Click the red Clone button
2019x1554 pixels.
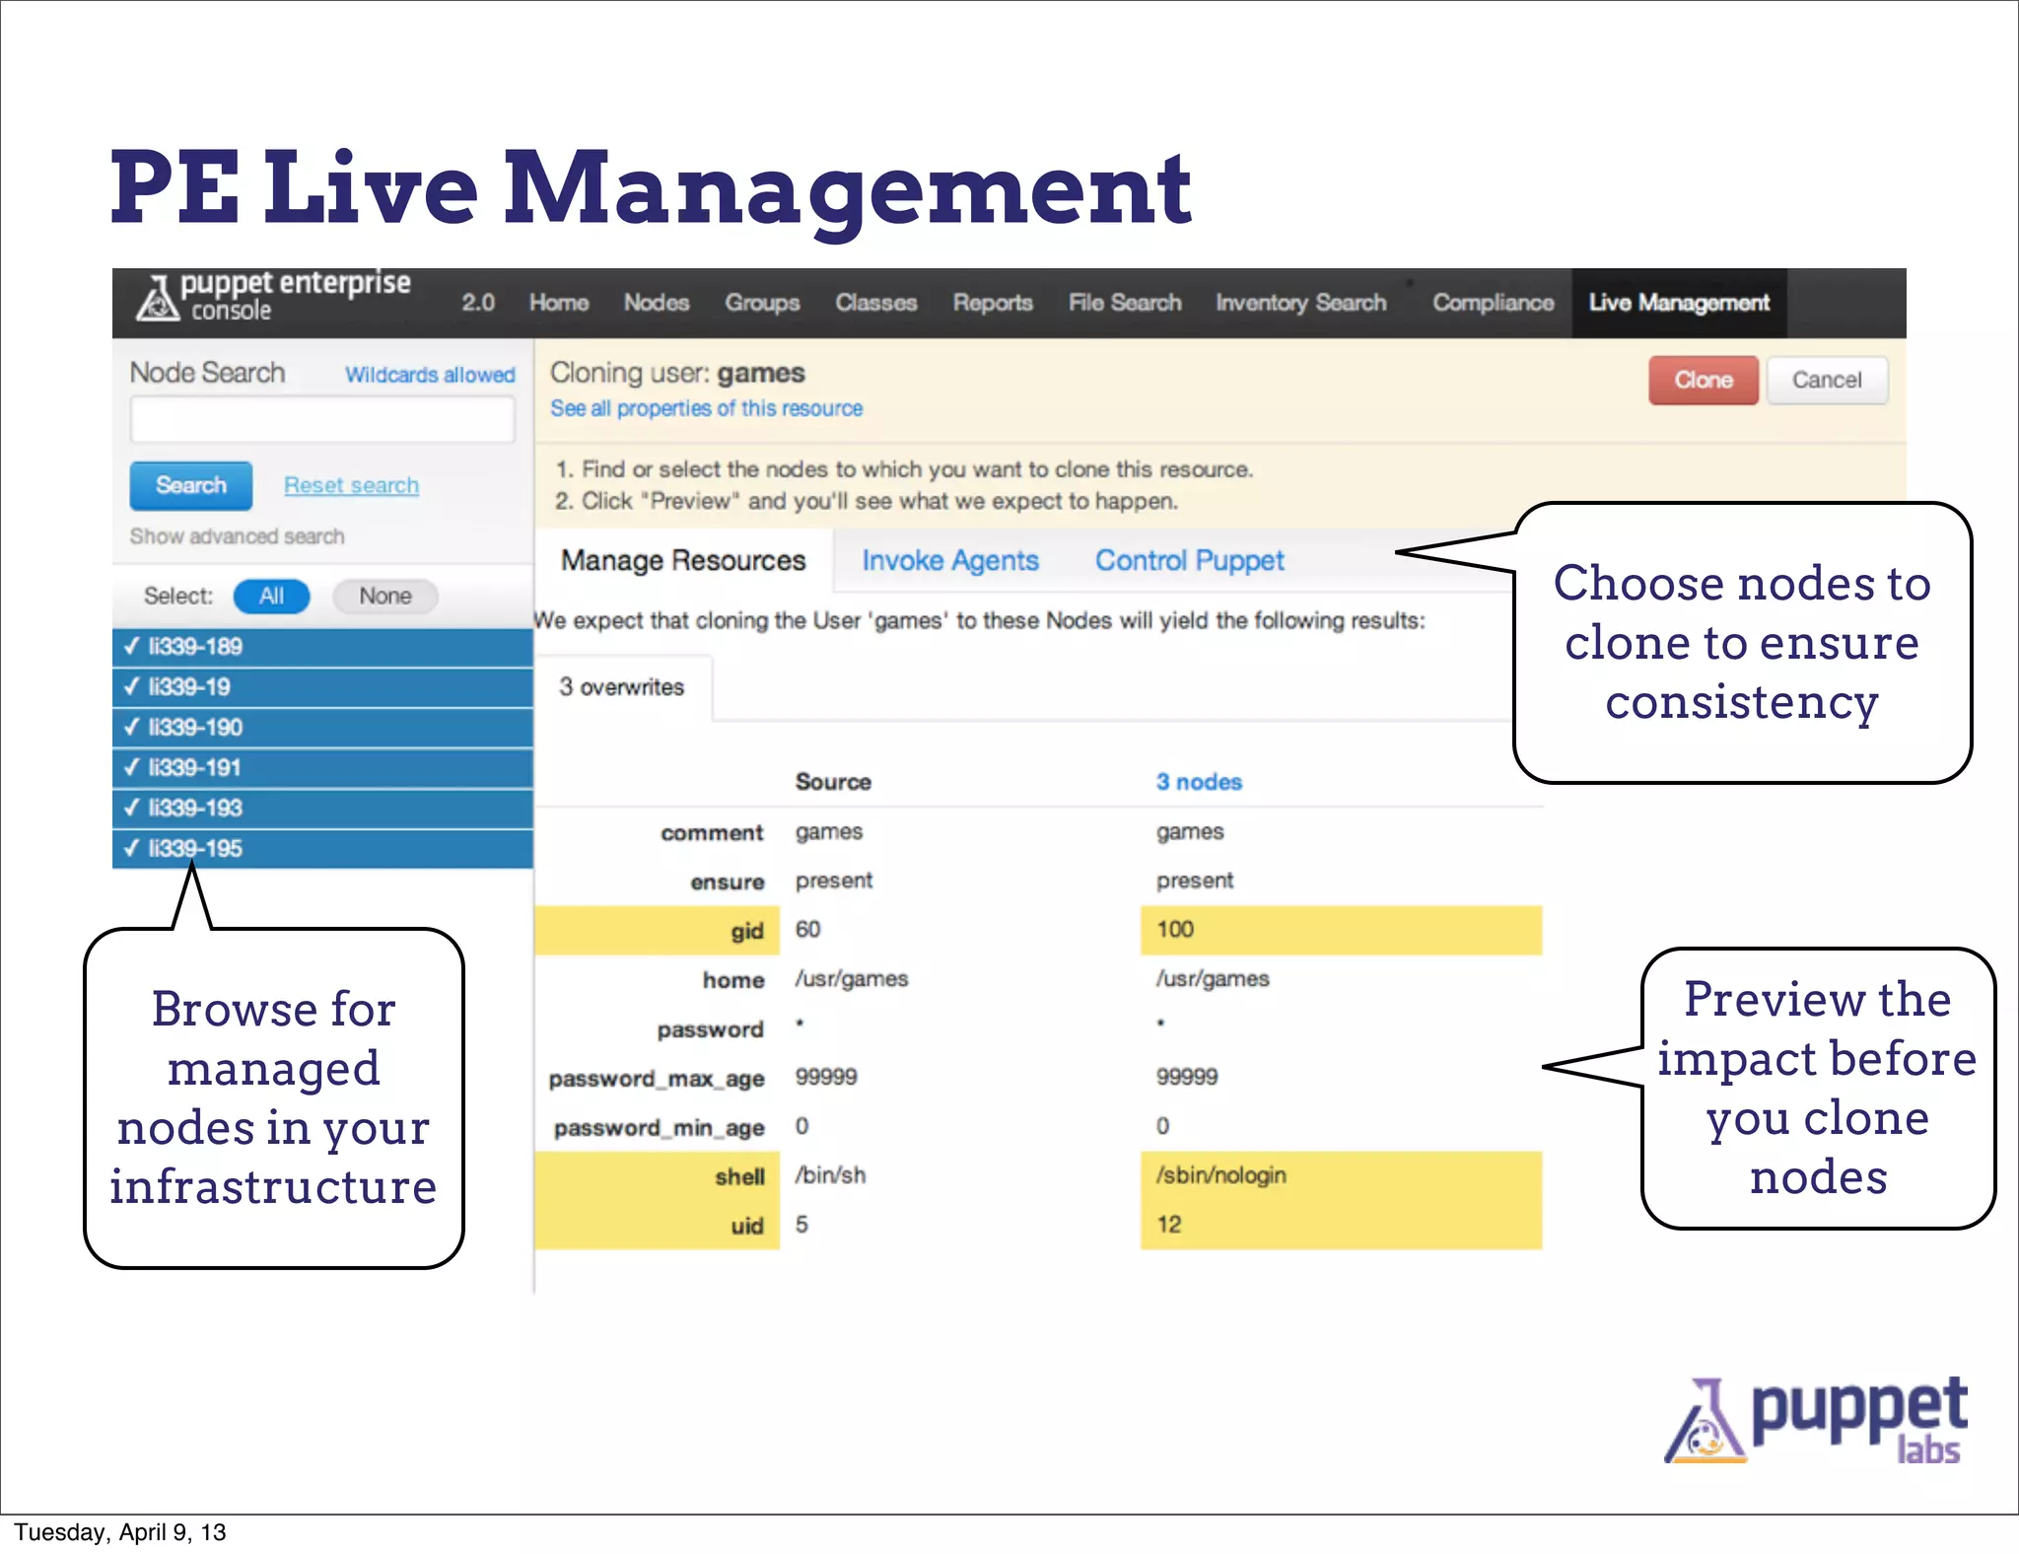[1703, 381]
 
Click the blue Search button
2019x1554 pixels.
[191, 485]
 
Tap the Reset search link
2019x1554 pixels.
[351, 485]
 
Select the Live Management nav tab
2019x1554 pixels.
[1678, 303]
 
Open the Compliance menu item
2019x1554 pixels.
[1493, 303]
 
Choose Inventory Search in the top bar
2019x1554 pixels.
[1300, 303]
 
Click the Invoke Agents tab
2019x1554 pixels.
[949, 560]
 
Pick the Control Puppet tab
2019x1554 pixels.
[1189, 560]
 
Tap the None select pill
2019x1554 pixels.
[384, 596]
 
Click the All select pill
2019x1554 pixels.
[271, 596]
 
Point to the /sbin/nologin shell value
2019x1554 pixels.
[1220, 1175]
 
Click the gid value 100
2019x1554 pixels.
[1174, 930]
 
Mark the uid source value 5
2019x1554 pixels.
[801, 1225]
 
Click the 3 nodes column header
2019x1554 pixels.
[1198, 782]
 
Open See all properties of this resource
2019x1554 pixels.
[706, 408]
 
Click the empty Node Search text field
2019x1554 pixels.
[322, 421]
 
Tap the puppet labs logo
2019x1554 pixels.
[1816, 1421]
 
